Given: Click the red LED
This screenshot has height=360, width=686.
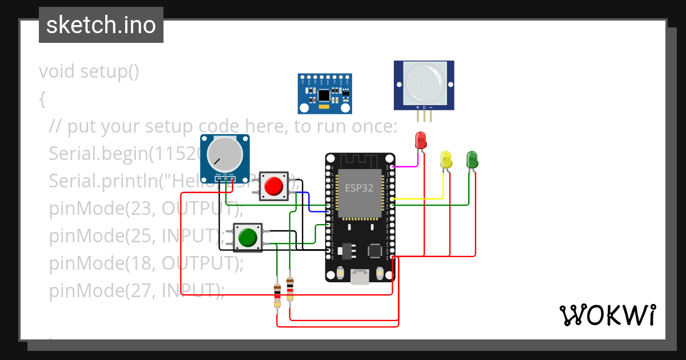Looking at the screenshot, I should tap(421, 141).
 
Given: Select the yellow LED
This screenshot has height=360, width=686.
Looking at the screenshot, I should tap(446, 159).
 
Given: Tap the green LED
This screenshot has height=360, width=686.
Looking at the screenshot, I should tap(472, 159).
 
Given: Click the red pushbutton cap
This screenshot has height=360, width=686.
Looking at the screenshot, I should tap(274, 186).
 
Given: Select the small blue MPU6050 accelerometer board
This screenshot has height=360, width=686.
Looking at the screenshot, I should tap(324, 93).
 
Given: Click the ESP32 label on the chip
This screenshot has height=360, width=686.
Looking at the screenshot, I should tap(359, 187).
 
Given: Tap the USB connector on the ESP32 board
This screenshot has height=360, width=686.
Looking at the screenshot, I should tap(360, 277).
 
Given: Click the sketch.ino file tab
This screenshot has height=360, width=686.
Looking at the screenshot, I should tap(101, 25).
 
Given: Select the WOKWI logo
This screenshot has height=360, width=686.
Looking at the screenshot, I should tap(607, 315).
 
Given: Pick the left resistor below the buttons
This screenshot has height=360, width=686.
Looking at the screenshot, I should tap(277, 295).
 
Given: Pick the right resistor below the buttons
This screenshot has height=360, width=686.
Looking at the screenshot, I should tap(290, 289).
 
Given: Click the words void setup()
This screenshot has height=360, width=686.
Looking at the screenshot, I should tap(89, 72).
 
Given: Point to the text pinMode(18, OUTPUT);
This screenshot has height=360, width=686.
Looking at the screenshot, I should tap(146, 263).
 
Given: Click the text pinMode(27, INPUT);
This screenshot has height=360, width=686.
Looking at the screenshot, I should tap(136, 290).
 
